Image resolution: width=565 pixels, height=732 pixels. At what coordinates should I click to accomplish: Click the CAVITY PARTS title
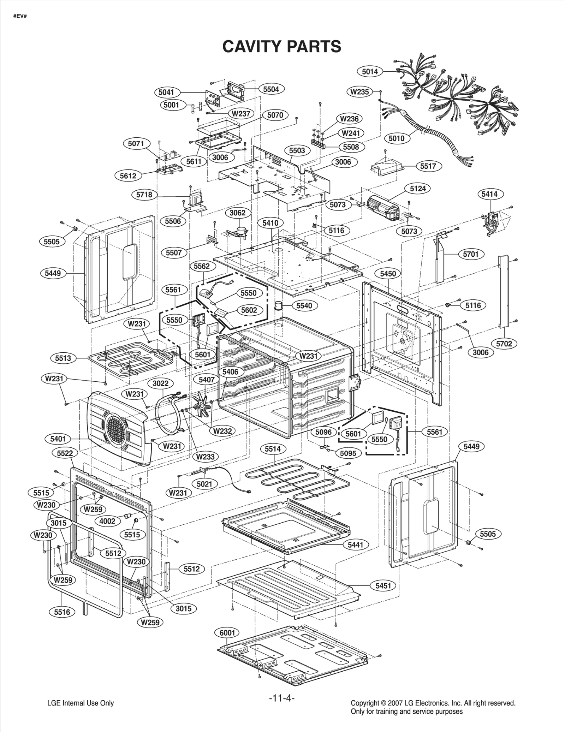282,46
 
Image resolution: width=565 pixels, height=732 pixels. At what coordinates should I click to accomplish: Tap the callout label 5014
370,71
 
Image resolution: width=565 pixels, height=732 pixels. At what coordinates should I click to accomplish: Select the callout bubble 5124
418,189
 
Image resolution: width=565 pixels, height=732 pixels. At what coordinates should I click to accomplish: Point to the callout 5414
489,194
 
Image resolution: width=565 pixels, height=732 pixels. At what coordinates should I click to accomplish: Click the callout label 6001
227,632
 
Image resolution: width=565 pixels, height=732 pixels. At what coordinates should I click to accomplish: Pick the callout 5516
62,612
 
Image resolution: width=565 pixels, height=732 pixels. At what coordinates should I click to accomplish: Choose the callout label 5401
58,439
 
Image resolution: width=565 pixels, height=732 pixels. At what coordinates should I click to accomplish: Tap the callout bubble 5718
144,195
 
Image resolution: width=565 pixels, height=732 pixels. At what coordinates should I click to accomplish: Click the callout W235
359,92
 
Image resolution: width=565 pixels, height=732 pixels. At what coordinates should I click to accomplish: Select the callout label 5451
383,585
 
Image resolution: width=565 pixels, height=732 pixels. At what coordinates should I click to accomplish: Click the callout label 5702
504,344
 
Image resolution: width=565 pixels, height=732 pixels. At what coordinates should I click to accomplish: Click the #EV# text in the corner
20,17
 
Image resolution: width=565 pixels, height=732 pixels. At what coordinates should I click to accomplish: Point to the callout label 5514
273,449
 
